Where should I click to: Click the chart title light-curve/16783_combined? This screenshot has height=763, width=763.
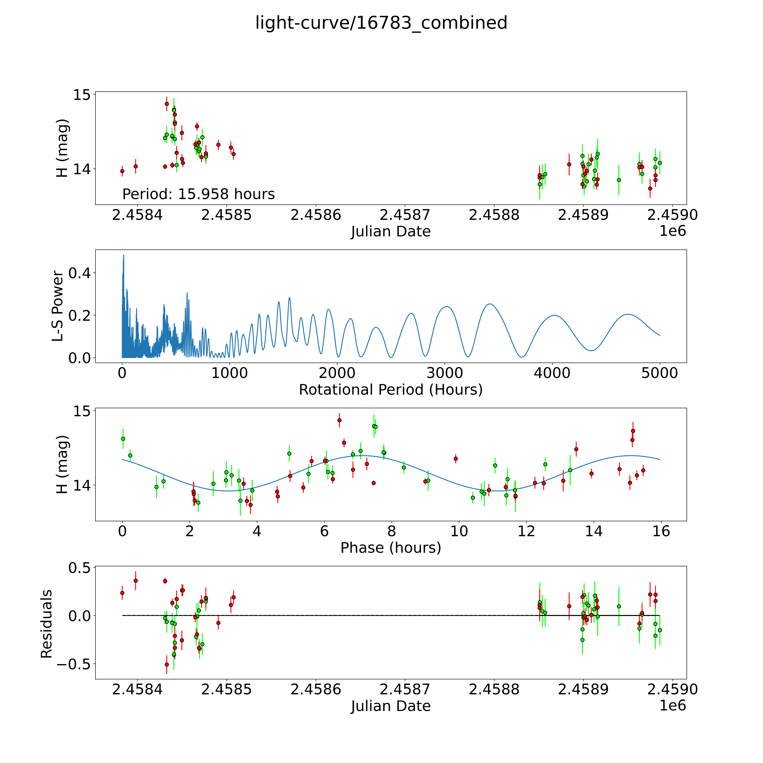pyautogui.click(x=381, y=23)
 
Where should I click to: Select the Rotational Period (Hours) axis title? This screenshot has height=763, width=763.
pyautogui.click(x=391, y=390)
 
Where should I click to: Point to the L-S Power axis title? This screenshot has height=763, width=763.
pyautogui.click(x=58, y=306)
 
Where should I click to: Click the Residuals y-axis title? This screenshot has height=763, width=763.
pyautogui.click(x=47, y=624)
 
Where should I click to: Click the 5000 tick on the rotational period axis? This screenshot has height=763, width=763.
pyautogui.click(x=660, y=373)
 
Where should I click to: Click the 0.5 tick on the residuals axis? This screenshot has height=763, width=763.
pyautogui.click(x=79, y=568)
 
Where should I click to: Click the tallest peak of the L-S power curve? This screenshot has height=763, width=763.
pyautogui.click(x=124, y=255)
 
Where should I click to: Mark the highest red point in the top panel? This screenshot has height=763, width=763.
pyautogui.click(x=167, y=104)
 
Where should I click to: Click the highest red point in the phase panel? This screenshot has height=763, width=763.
pyautogui.click(x=339, y=420)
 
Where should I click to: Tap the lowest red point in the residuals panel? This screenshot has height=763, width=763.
pyautogui.click(x=167, y=665)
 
